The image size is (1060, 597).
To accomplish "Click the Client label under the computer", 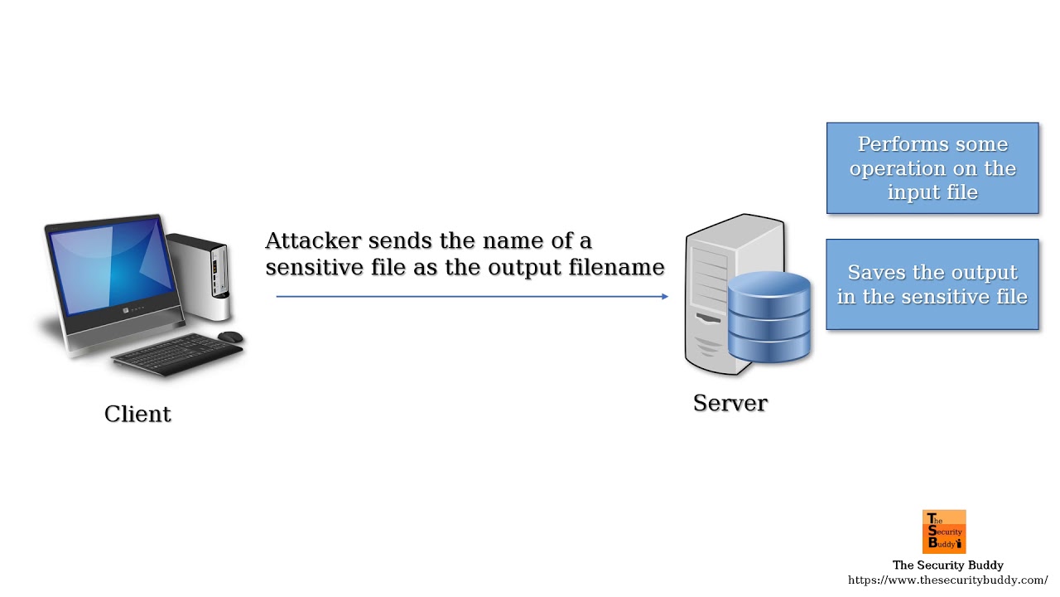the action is [x=137, y=414].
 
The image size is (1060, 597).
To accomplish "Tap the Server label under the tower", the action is [x=730, y=403].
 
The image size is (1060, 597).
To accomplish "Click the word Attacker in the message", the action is [x=313, y=240].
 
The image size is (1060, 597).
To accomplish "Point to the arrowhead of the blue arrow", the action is [x=665, y=297].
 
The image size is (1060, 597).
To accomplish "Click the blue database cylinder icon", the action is [x=769, y=317].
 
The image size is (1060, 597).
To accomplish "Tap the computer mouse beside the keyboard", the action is [x=230, y=337].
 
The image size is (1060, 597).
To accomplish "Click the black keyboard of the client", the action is [x=177, y=354].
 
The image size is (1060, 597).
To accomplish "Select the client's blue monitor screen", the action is [x=111, y=268].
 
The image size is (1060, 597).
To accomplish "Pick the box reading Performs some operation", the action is [x=932, y=168].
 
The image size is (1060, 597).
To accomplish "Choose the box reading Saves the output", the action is [x=932, y=284].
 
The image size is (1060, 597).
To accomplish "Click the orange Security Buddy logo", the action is [x=944, y=531].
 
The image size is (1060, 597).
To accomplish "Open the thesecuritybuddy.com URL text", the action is [x=947, y=580].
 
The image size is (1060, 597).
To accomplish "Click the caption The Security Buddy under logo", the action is [x=948, y=565].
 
